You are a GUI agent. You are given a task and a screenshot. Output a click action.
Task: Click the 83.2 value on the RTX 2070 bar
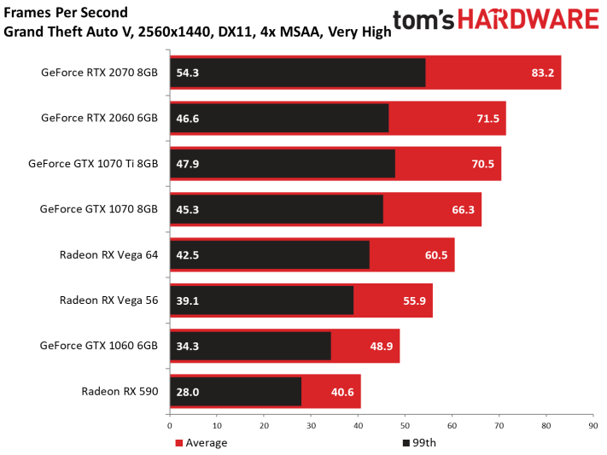[542, 73]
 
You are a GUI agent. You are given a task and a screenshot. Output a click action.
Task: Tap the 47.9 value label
[188, 164]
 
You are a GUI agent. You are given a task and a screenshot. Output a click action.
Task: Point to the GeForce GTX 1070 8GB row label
[99, 208]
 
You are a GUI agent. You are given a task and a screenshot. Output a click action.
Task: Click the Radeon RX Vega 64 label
[108, 254]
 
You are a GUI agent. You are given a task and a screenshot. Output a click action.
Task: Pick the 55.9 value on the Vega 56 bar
[414, 300]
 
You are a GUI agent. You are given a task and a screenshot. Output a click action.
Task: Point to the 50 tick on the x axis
[405, 424]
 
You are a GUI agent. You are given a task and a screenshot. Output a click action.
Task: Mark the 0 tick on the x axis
[170, 424]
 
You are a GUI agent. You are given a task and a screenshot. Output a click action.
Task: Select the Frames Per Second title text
[66, 13]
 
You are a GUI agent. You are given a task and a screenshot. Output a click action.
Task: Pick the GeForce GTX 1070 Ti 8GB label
[93, 163]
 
